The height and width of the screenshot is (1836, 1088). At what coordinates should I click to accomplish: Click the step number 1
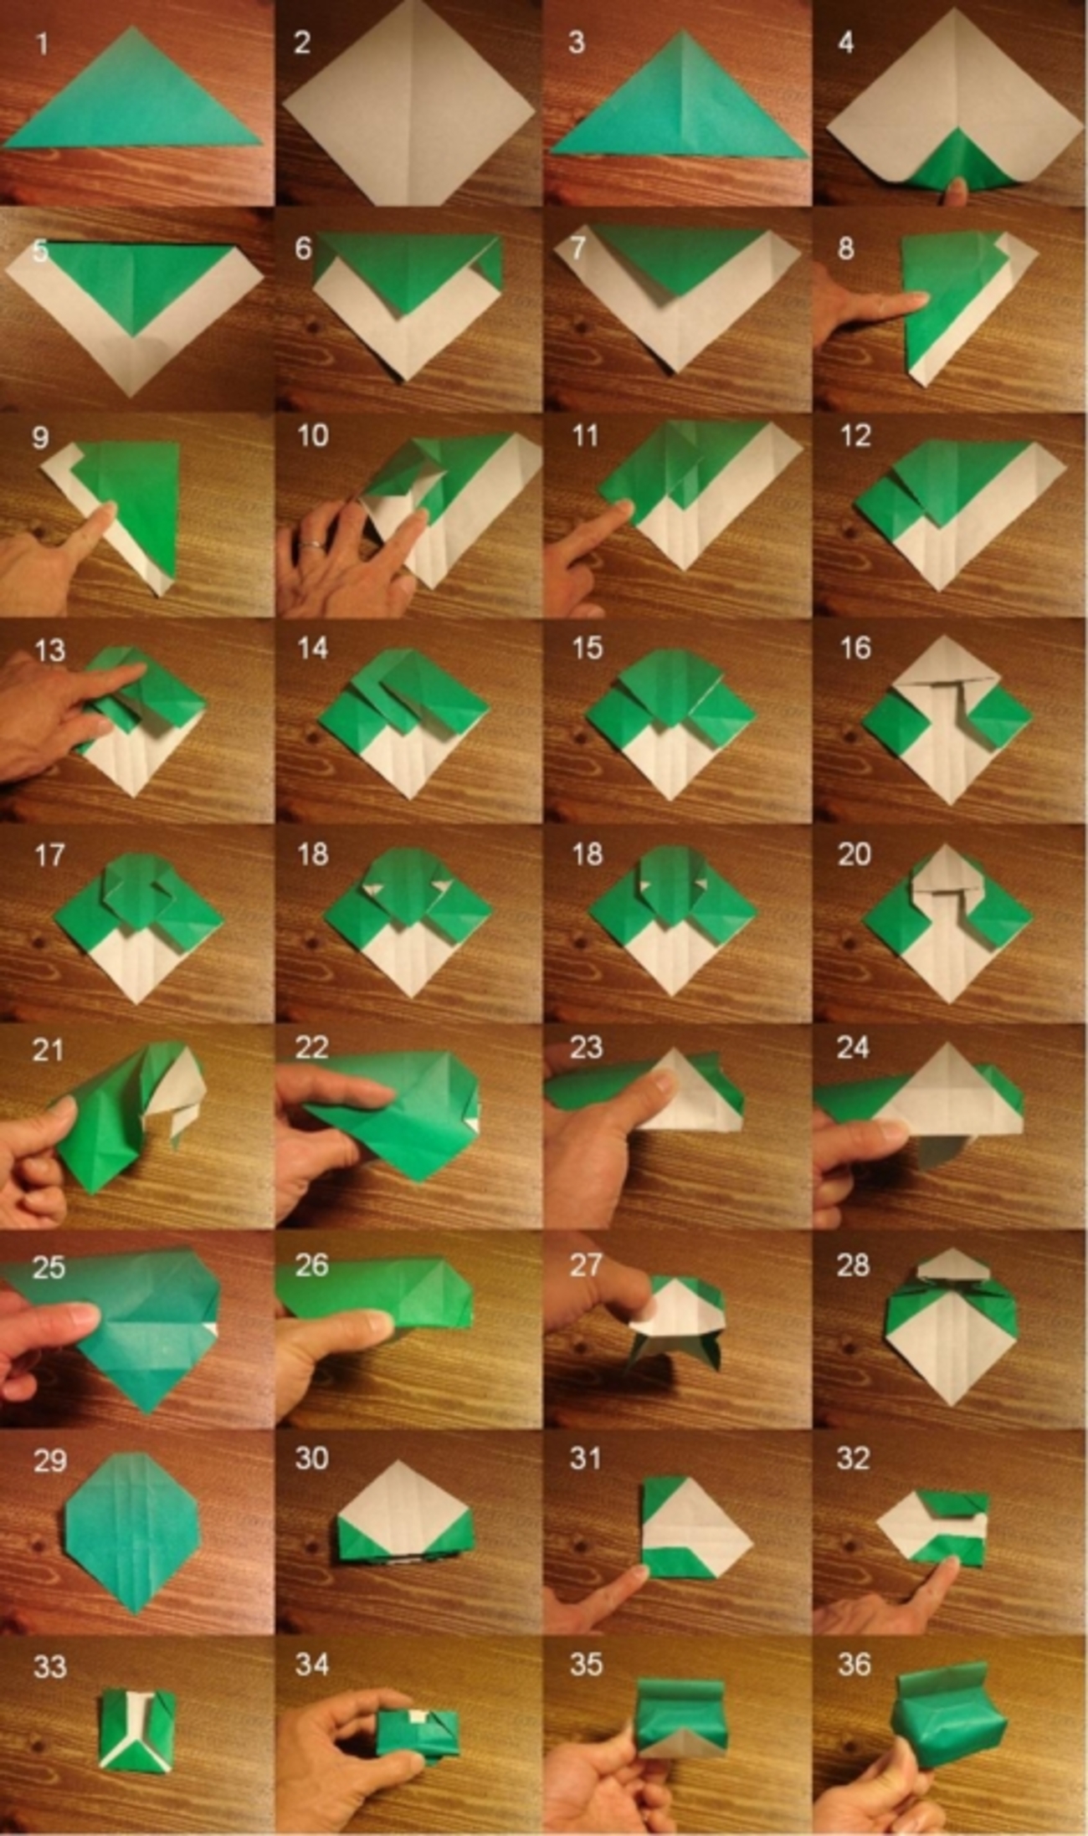click(x=43, y=44)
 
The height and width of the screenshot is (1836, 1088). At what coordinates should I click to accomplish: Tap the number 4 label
click(x=845, y=43)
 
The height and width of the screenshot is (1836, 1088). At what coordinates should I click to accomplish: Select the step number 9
click(x=40, y=438)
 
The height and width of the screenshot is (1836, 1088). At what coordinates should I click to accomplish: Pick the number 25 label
click(x=49, y=1267)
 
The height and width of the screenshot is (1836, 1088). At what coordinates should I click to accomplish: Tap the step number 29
click(x=50, y=1460)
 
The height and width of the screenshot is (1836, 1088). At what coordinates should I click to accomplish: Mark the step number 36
click(x=854, y=1664)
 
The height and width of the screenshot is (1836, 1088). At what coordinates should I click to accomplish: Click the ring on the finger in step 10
click(x=310, y=545)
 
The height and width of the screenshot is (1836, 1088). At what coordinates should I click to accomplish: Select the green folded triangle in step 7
click(x=679, y=255)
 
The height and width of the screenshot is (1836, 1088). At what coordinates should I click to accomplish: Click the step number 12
click(x=854, y=435)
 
